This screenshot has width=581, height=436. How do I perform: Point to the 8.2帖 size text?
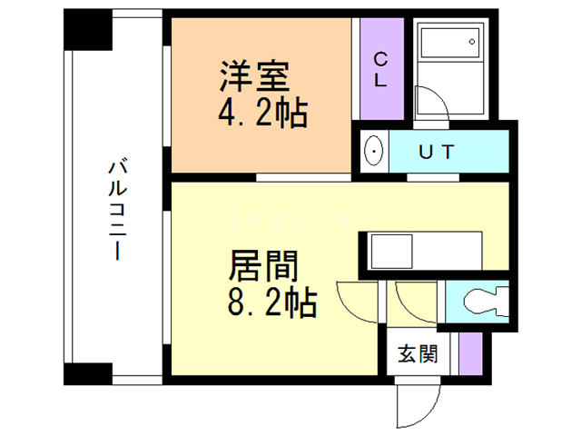[271, 302]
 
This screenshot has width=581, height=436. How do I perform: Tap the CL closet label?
[381, 69]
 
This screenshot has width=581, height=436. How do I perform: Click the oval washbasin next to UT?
[373, 151]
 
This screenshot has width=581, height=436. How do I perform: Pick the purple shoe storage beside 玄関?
[470, 352]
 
